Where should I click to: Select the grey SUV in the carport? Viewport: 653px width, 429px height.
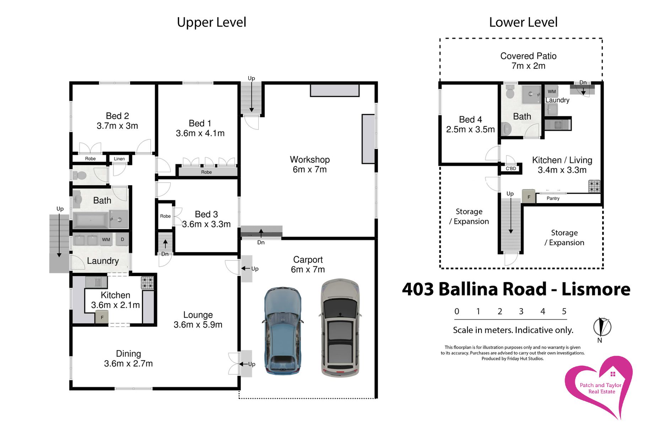click(340, 327)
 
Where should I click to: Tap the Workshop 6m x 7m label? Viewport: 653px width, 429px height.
click(310, 164)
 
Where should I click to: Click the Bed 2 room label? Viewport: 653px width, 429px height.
click(117, 121)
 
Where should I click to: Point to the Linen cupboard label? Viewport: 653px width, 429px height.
click(119, 159)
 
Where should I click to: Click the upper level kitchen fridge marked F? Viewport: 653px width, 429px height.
click(102, 317)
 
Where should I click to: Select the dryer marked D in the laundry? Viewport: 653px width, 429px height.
click(122, 239)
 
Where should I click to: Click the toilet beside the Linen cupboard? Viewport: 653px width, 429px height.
click(80, 176)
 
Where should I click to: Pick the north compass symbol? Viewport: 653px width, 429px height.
click(602, 327)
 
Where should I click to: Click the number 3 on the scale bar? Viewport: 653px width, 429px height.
click(521, 312)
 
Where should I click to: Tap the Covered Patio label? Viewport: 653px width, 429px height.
click(528, 61)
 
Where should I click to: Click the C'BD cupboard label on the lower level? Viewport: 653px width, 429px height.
click(511, 169)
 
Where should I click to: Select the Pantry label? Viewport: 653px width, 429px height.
click(553, 198)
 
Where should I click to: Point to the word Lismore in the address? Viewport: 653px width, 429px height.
click(596, 289)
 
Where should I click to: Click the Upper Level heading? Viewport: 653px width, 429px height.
click(212, 22)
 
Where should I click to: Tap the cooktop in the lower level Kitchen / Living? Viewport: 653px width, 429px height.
click(594, 186)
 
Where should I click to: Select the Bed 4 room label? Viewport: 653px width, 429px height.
click(470, 125)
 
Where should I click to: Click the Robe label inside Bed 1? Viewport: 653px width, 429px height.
click(207, 172)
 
